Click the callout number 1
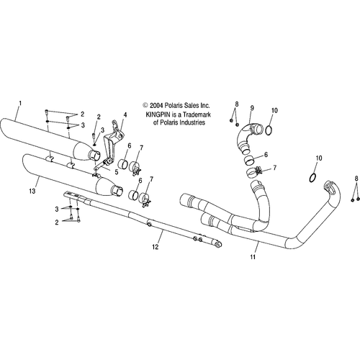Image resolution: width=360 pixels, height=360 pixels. pos(20,104)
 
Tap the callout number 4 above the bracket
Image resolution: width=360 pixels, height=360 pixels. pos(125,114)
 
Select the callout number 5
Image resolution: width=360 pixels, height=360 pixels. pos(117,172)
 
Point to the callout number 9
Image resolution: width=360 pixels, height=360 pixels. pos(252,108)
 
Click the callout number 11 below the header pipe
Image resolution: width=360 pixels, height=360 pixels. pos(253,257)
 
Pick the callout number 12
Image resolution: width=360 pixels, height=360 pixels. pos(156,247)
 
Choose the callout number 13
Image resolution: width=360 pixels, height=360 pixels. pos(32,192)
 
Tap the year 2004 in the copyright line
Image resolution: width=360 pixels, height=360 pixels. pos(156,105)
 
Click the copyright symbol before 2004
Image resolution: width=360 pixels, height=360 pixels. pos(145,105)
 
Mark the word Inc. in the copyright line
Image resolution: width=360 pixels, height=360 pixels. pos(205,105)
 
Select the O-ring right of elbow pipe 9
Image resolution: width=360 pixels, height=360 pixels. pos(269,130)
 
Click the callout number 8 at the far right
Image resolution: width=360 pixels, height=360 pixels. pos(356,179)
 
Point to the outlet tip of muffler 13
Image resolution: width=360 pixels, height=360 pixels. pos(118,190)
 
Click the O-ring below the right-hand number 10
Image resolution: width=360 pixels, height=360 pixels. pos(312,178)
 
